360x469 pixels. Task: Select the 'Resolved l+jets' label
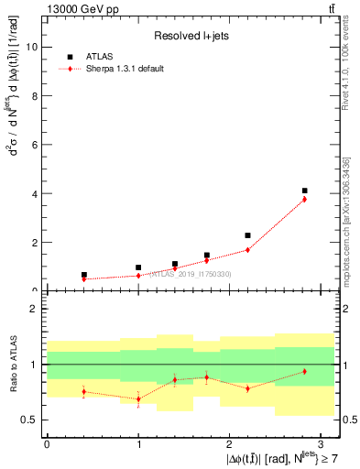click(x=191, y=36)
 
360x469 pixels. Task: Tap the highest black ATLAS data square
click(x=304, y=191)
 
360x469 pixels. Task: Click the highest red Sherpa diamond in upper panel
click(x=304, y=199)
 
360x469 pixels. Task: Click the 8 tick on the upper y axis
click(x=37, y=95)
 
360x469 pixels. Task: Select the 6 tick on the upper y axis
click(x=37, y=145)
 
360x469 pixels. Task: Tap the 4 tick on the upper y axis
click(x=37, y=194)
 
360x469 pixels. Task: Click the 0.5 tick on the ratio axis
click(x=32, y=420)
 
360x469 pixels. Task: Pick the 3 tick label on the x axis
click(x=322, y=443)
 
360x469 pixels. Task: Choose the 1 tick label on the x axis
click(x=138, y=443)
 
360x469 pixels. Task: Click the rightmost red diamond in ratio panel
click(x=304, y=371)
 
